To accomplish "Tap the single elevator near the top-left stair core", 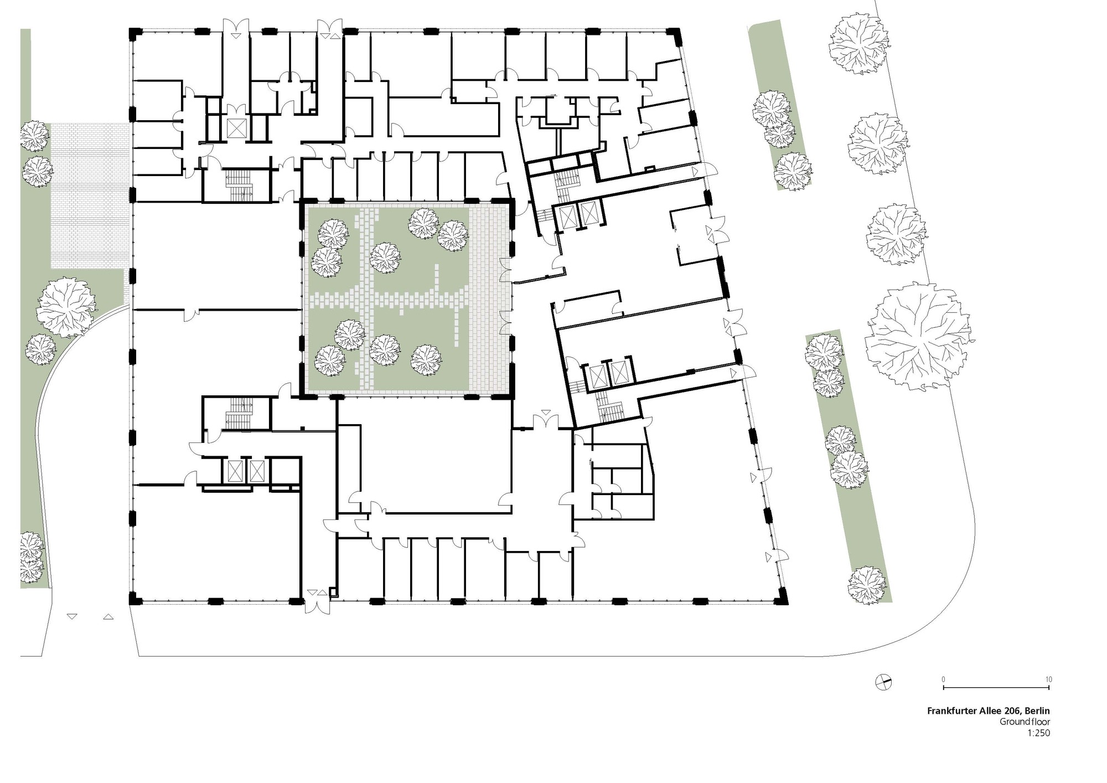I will click(x=236, y=128).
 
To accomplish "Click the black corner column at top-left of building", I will click(x=132, y=34).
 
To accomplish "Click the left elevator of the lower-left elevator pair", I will click(x=232, y=471).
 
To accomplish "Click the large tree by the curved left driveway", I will click(x=65, y=308).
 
